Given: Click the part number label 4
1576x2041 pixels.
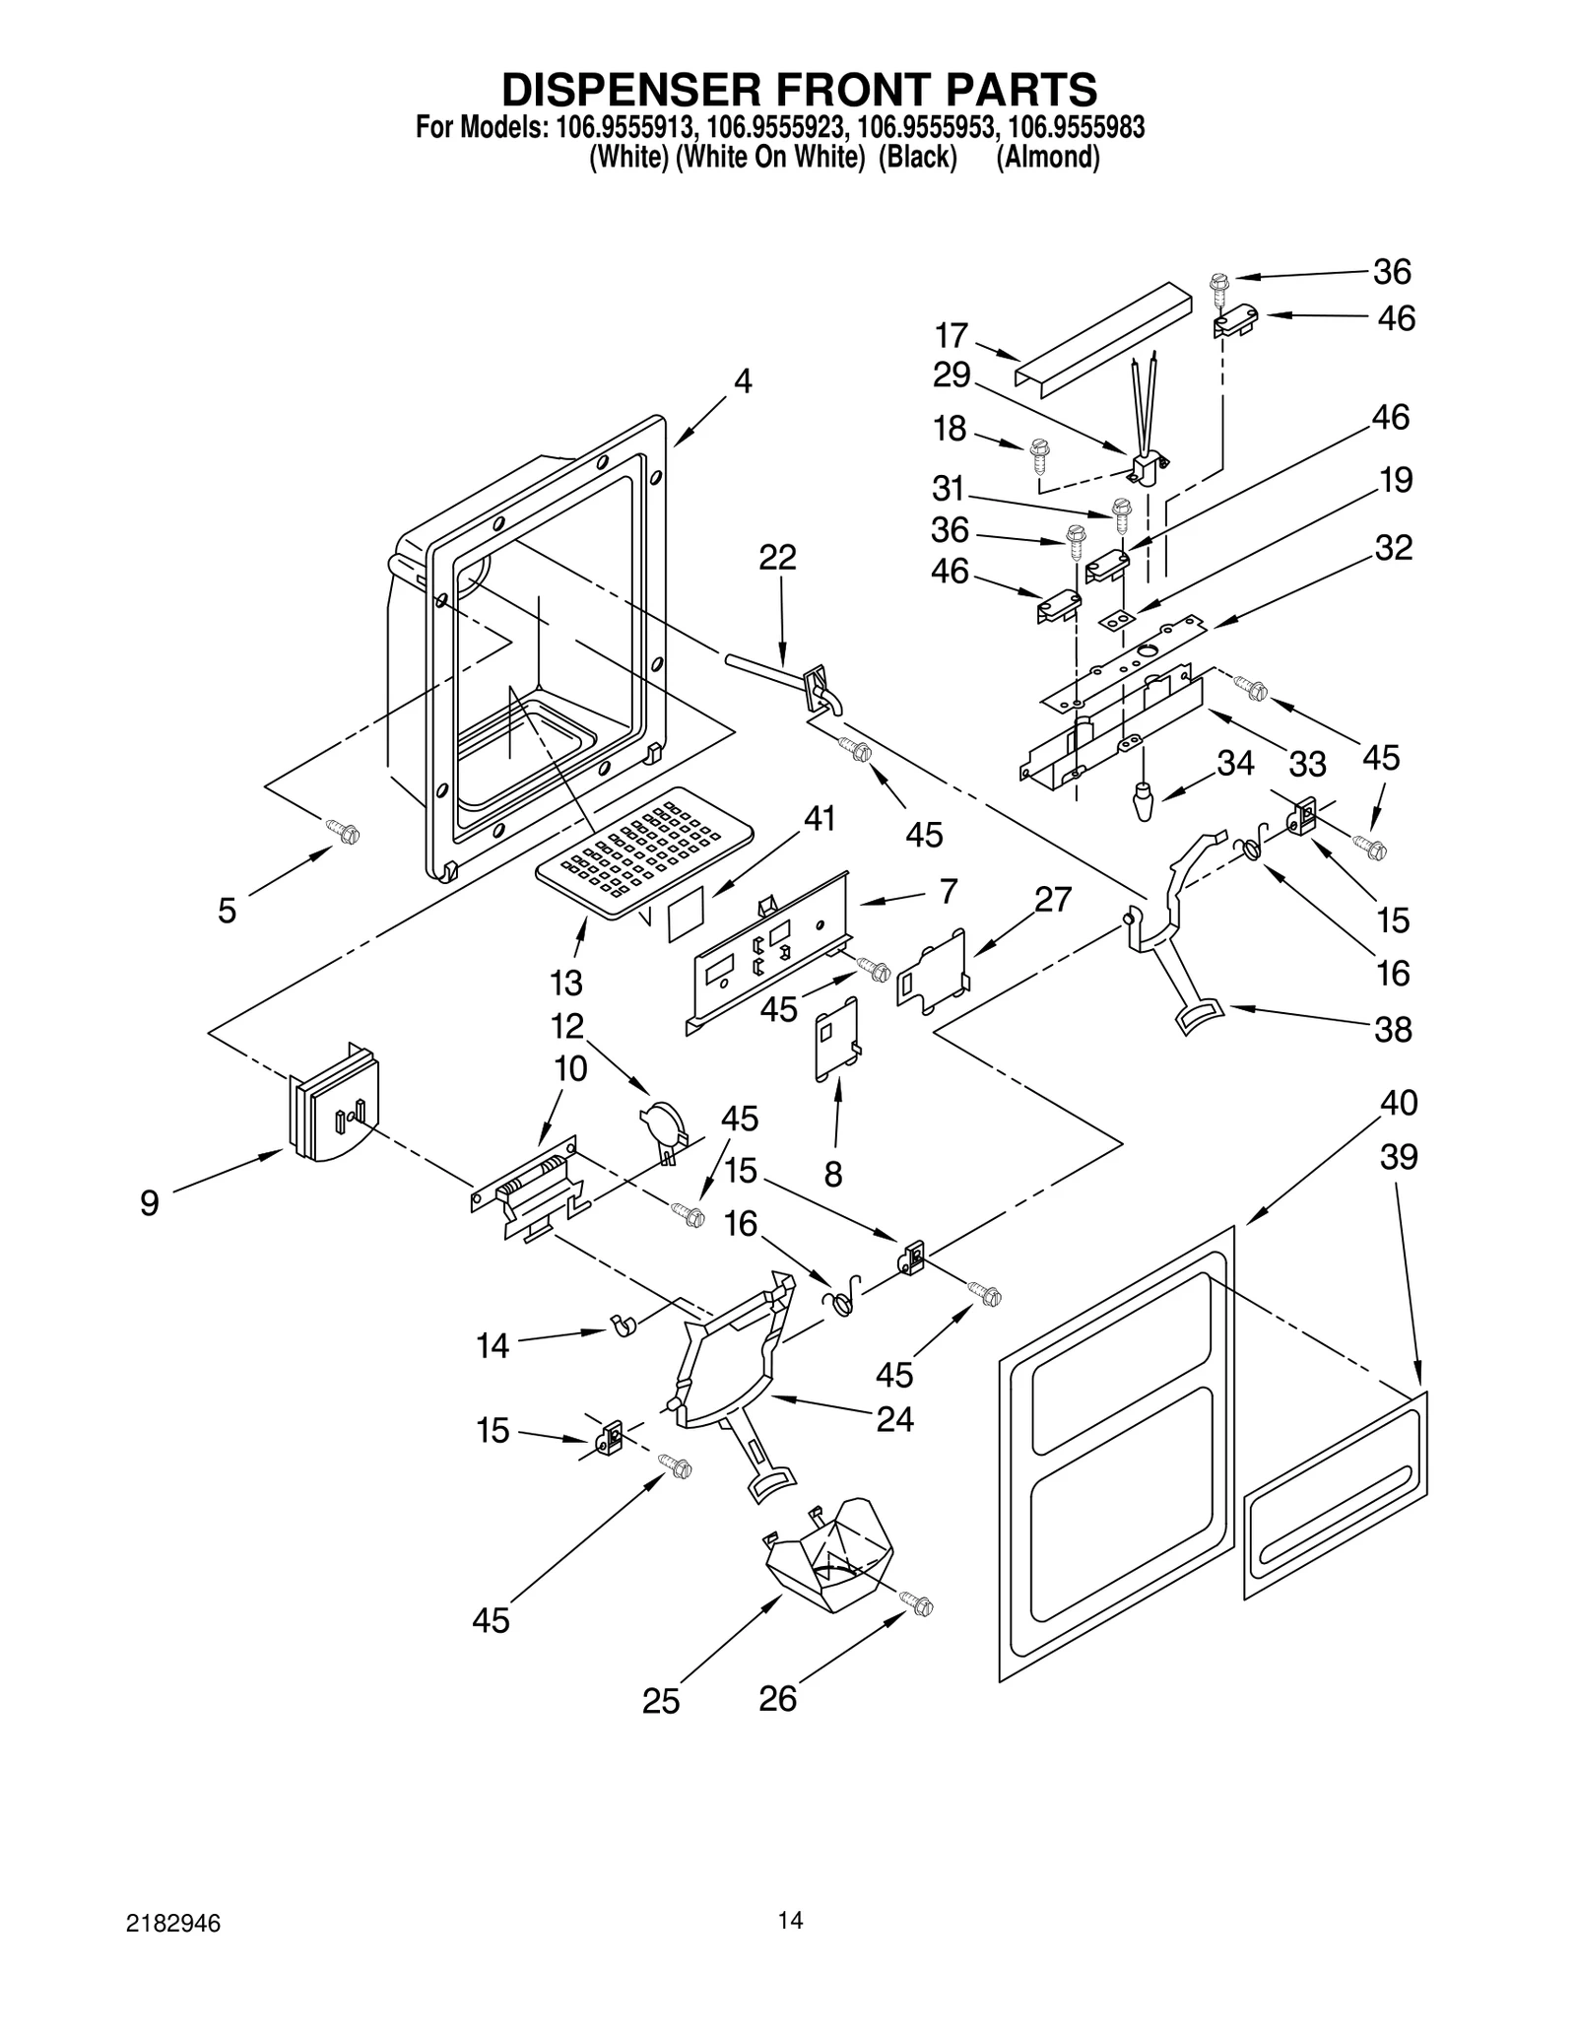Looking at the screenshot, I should point(744,380).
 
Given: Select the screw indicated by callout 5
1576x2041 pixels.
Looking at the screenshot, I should point(347,833).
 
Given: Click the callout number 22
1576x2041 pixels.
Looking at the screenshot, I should point(777,558).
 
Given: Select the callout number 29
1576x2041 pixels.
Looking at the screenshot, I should point(952,375).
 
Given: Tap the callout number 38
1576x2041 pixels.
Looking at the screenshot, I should point(1393,1030).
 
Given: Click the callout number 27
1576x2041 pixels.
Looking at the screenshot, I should point(1052,899).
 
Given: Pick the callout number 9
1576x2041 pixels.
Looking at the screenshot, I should point(149,1203).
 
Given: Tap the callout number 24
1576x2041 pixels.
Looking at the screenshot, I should point(894,1419).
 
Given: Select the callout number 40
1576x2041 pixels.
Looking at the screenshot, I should point(1398,1102).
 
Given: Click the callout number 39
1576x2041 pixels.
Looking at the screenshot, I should point(1398,1156).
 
